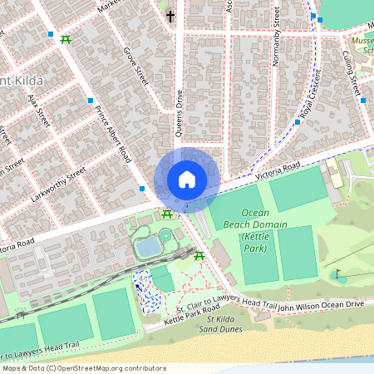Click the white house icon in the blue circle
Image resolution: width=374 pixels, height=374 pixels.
pos(187,180)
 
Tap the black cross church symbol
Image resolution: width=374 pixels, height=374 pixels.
pos(170,16)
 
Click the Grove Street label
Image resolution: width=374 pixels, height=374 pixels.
pos(135,66)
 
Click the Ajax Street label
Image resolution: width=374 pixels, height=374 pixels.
pos(39,111)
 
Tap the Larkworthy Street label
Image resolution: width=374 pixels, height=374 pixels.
pos(64,182)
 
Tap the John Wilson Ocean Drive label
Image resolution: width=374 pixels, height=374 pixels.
pos(320,306)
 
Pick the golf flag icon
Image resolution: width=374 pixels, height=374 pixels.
pos(337,274)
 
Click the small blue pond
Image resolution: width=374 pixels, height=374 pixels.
pos(148,247)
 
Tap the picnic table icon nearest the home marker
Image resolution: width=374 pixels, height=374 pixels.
pos(167,215)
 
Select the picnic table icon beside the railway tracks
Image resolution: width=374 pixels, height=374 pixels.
pos(199,257)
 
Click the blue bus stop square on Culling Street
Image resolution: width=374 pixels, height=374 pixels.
pos(363,101)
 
